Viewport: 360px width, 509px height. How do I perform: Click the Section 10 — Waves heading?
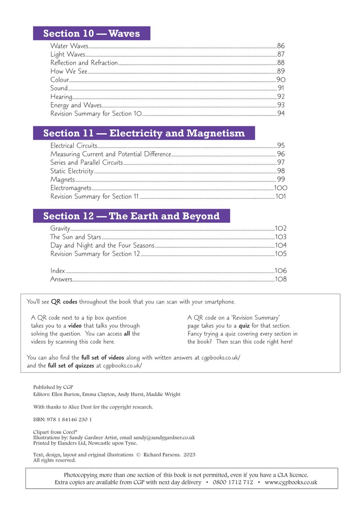(91, 33)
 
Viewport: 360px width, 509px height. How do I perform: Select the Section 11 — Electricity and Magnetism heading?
(144, 133)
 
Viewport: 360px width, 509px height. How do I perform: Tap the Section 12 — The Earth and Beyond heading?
(131, 216)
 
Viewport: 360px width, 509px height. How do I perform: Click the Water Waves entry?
(69, 46)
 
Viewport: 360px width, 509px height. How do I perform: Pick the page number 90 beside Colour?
(281, 80)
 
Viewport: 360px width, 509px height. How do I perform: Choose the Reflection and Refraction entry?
(84, 63)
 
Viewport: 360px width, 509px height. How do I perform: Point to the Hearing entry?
(61, 97)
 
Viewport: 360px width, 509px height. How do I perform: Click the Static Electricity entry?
(72, 171)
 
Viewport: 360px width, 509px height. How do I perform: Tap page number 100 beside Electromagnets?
(281, 188)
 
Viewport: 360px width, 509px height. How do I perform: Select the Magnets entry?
(63, 180)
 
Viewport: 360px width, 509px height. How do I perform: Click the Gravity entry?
(60, 228)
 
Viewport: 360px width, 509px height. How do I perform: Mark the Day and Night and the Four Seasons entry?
(102, 246)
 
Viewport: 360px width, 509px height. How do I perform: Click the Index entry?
(58, 271)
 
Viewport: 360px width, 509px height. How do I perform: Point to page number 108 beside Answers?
(281, 279)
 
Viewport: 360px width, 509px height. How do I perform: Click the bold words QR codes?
(64, 302)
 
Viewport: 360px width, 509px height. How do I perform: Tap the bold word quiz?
(244, 326)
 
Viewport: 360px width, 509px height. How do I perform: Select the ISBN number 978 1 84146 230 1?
(69, 420)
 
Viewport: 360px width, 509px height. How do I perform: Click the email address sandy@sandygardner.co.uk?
(164, 438)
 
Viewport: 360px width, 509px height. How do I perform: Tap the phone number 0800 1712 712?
(233, 482)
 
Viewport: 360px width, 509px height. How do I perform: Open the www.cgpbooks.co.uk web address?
(291, 482)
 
